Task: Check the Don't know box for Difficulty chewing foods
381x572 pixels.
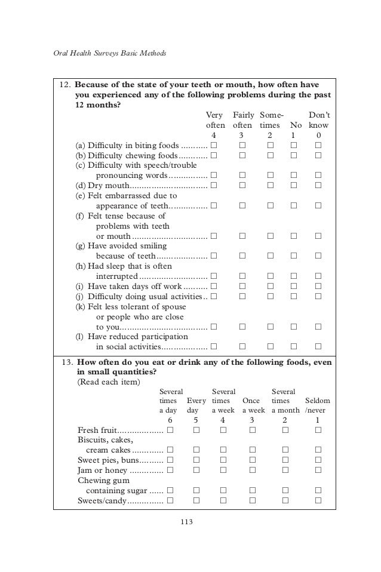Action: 318,155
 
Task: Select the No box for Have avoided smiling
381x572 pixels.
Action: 292,256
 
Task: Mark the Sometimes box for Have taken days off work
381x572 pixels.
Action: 269,286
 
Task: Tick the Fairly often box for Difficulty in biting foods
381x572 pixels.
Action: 242,145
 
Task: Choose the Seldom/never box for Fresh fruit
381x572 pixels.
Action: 318,430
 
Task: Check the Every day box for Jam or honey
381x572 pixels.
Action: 196,470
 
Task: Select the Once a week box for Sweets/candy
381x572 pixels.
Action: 253,500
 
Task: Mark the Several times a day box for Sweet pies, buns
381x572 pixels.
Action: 170,460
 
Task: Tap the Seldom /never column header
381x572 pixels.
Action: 317,405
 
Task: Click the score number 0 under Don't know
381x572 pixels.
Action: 318,136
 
